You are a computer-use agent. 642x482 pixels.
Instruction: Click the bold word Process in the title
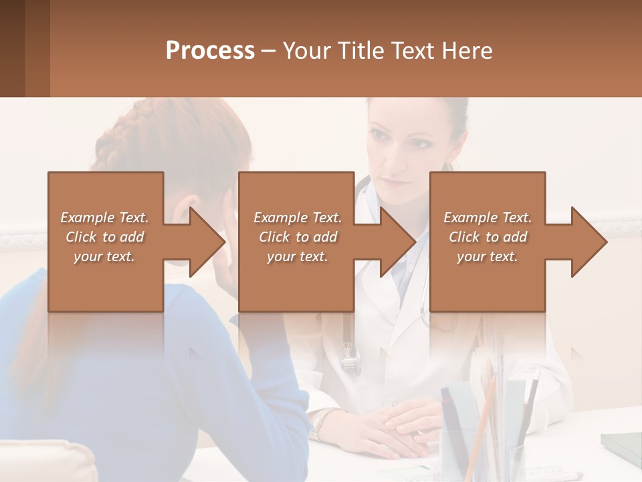point(210,50)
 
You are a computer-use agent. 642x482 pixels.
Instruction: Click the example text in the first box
point(104,237)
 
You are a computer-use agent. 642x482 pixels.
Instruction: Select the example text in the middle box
point(297,237)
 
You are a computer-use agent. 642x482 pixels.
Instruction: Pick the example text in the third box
point(487,237)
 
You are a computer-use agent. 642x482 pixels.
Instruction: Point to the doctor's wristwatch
point(323,422)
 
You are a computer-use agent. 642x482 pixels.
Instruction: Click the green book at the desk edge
point(622,442)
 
